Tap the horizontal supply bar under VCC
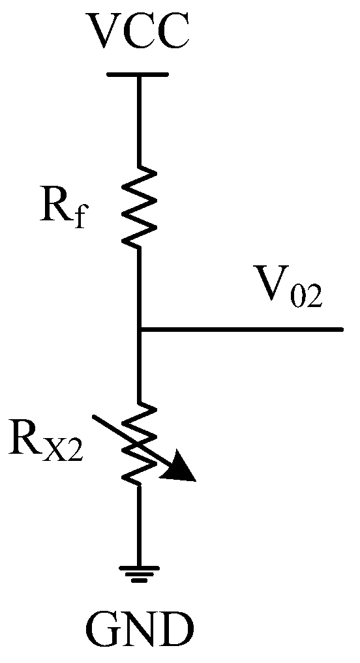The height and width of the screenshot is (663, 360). pos(138,74)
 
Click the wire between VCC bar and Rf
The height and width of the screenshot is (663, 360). pos(138,121)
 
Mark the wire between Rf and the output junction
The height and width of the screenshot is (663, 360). pos(138,287)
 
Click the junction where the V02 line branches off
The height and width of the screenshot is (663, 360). pos(139,330)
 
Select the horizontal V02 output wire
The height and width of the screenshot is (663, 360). pos(241,330)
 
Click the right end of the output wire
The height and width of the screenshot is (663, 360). pos(340,330)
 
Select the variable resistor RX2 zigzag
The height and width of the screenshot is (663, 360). pos(139,443)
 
